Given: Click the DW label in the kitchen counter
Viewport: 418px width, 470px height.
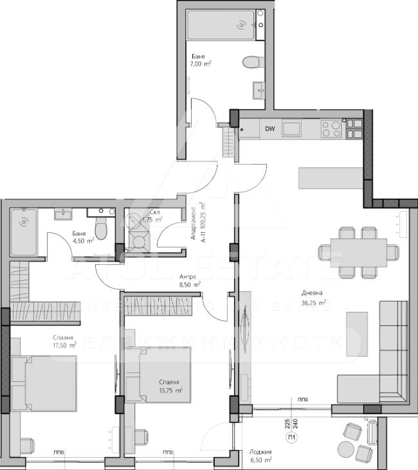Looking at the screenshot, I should point(270,129).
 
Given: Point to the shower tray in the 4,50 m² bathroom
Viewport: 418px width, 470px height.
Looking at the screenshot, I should point(23,231).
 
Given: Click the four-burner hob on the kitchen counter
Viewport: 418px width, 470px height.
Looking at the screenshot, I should point(331,129).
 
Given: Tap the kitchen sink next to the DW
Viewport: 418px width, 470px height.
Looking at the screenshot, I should point(291,129).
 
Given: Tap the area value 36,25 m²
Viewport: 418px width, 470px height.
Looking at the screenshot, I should point(314,303).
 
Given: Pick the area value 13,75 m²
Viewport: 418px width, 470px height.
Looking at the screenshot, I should point(170,390).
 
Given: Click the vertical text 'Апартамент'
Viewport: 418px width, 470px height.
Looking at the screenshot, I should point(195,223).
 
